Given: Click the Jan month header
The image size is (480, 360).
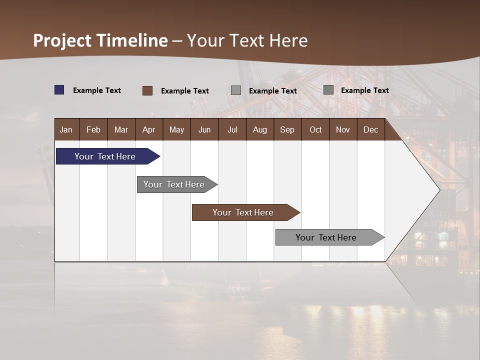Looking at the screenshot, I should pos(66,129).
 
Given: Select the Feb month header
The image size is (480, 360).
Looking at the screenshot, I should pos(93,129).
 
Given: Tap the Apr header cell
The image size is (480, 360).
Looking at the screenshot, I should pos(148,129).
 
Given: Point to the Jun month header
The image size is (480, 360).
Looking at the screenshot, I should pos(204,129).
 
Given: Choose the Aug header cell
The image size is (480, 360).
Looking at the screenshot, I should pos(259,129).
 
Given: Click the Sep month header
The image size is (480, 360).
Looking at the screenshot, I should pos(287,129).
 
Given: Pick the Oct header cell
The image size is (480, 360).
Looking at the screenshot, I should pos(315,129).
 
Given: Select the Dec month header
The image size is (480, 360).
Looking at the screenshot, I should pos(370,129).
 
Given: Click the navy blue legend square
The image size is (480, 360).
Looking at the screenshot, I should pos(59,90).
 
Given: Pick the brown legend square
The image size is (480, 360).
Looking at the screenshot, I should pos(147,90).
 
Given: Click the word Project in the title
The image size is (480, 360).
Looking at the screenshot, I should pos(62,40).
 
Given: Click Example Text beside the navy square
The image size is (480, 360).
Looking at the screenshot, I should pos(97,90).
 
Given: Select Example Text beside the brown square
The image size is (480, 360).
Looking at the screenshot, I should pos(185,91).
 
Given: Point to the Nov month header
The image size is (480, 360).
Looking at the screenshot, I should pos(343,129).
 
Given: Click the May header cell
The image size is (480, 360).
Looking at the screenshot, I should pos(176,129).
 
